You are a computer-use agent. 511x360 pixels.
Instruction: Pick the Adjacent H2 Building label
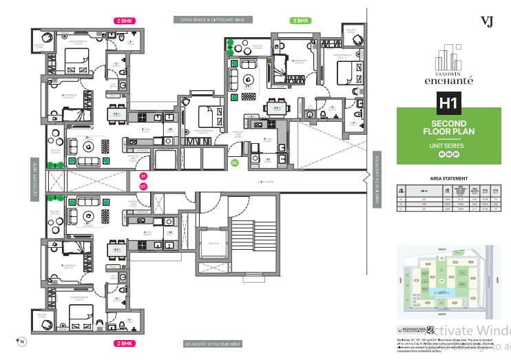point(376,180)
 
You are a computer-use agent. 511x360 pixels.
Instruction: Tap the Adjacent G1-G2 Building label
point(212,343)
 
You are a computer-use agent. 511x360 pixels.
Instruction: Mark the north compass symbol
point(21,341)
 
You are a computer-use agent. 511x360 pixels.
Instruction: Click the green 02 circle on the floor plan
point(234,163)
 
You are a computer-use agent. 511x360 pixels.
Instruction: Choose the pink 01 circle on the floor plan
point(144,177)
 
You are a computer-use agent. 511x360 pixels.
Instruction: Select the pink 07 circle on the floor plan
point(144,186)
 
